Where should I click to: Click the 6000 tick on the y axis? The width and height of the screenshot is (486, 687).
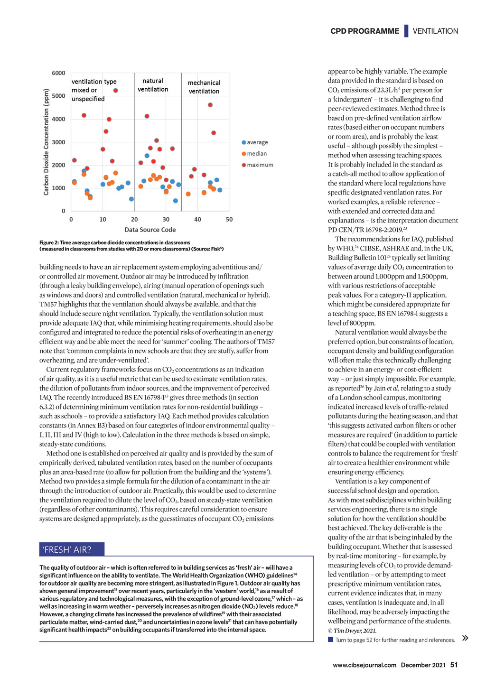pyautogui.click(x=58, y=73)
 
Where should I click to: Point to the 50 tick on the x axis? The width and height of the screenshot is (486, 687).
pyautogui.click(x=229, y=220)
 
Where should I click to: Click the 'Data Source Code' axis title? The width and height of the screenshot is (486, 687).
pyautogui.click(x=150, y=230)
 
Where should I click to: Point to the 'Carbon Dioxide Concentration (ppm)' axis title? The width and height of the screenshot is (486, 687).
pyautogui.click(x=47, y=142)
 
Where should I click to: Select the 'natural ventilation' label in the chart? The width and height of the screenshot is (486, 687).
pyautogui.click(x=153, y=85)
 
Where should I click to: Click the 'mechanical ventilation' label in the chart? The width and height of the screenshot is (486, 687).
pyautogui.click(x=204, y=87)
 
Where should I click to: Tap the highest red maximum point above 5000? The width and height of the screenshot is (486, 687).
pyautogui.click(x=115, y=90)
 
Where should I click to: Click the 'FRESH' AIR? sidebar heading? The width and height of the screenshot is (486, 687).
pyautogui.click(x=67, y=550)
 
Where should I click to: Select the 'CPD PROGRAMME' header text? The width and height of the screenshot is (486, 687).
pyautogui.click(x=364, y=31)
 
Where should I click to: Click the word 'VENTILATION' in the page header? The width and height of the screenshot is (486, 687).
pyautogui.click(x=435, y=31)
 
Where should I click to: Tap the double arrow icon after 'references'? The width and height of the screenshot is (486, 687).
pyautogui.click(x=465, y=638)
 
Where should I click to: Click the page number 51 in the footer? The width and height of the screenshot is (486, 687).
pyautogui.click(x=454, y=665)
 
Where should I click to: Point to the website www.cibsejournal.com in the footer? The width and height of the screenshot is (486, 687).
pyautogui.click(x=364, y=665)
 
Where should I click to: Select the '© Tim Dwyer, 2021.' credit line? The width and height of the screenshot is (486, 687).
pyautogui.click(x=352, y=631)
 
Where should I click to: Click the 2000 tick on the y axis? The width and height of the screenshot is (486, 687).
pyautogui.click(x=58, y=165)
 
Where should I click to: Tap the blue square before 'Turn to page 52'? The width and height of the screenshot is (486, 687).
pyautogui.click(x=330, y=640)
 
